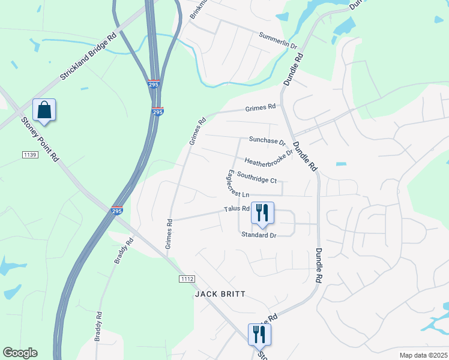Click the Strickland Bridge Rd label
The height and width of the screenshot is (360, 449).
[x=87, y=58]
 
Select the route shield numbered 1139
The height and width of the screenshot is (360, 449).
[x=30, y=155]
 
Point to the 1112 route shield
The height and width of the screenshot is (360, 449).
[x=187, y=279]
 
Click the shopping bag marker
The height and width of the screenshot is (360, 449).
[x=44, y=110]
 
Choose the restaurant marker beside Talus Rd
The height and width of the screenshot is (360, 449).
[x=262, y=213]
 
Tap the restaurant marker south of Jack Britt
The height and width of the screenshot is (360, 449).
[x=259, y=335]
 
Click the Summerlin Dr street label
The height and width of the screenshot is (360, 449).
[x=278, y=41]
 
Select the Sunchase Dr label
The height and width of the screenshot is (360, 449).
[x=267, y=142]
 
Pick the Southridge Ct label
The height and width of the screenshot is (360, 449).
[x=256, y=178]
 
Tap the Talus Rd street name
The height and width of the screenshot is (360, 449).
[x=237, y=209]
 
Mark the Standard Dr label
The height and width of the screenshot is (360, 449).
[x=258, y=236]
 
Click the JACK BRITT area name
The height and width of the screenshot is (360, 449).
[x=220, y=295]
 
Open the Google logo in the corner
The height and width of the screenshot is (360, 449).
[x=20, y=353]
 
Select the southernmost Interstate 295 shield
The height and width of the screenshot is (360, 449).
[x=117, y=211]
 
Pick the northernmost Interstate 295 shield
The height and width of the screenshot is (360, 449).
[x=154, y=85]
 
